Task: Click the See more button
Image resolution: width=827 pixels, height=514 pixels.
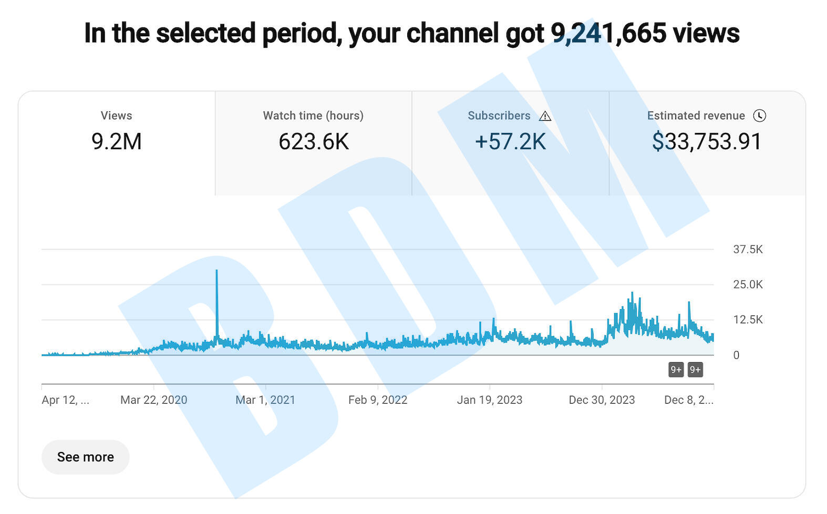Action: (x=85, y=457)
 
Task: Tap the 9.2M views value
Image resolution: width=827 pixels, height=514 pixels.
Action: (x=117, y=141)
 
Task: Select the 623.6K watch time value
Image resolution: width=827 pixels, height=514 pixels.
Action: (x=314, y=141)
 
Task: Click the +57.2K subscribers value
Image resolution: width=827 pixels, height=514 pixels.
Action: (x=510, y=141)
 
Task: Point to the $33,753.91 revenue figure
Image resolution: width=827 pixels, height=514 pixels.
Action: (x=707, y=141)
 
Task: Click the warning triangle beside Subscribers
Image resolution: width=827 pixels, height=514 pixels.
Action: (x=545, y=116)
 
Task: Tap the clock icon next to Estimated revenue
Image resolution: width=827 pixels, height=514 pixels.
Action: (x=759, y=116)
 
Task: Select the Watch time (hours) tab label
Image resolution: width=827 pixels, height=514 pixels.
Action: (x=313, y=116)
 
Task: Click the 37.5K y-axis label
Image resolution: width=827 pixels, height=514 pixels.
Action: (x=748, y=249)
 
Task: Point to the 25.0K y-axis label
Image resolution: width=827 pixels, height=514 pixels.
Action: (x=748, y=284)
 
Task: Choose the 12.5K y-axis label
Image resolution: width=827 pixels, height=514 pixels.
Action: (x=748, y=320)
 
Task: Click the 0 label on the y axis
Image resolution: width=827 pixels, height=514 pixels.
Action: (x=736, y=355)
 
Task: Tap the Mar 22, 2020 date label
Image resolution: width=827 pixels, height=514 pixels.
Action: (x=153, y=400)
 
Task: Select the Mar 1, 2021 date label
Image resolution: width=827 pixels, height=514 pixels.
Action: (x=265, y=400)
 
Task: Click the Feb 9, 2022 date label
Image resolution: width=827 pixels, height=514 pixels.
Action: (x=378, y=400)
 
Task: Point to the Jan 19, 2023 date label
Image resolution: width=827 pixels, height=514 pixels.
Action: (x=490, y=400)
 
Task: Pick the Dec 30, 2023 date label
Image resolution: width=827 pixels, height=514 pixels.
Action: (x=602, y=400)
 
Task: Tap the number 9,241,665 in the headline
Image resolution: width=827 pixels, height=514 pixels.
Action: (x=608, y=33)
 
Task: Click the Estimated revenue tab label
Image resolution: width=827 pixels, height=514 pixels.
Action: (x=696, y=116)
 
